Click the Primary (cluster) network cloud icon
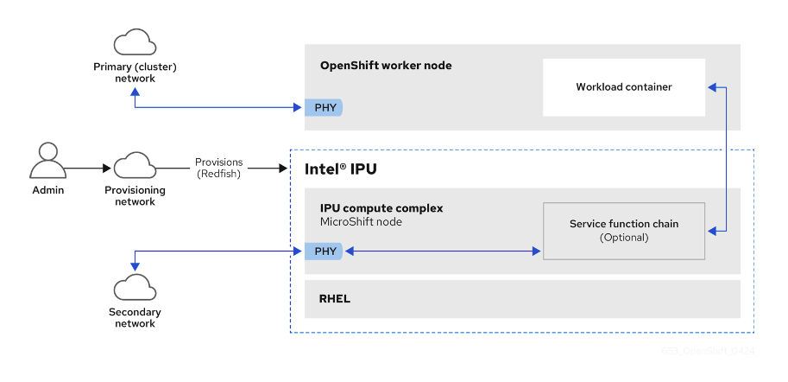135,43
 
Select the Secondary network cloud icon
135,287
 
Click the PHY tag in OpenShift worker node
322,108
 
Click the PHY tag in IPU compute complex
322,251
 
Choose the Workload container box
623,87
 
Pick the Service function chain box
623,231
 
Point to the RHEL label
335,299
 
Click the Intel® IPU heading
341,169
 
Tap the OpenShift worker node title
386,66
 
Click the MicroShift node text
361,222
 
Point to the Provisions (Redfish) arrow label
218,168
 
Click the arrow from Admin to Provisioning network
86,168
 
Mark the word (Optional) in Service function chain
623,237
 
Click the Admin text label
48,190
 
